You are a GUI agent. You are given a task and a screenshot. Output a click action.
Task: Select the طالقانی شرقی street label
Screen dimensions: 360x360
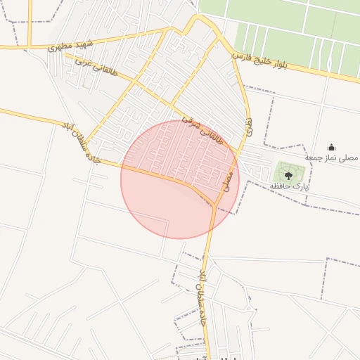pos(202,127)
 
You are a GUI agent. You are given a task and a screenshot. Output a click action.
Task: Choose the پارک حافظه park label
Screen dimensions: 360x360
pos(290,186)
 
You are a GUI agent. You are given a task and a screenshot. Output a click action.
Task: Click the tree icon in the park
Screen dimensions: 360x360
pos(288,175)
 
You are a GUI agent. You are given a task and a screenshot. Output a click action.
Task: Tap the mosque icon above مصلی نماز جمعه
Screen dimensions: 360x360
pos(331,147)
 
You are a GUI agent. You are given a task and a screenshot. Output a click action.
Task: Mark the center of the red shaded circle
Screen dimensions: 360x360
pos(180,179)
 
